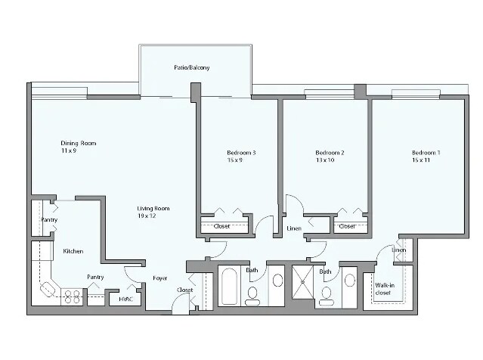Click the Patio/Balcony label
point(191,68)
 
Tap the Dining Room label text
point(79,143)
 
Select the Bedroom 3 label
point(241,153)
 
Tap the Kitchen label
point(73,251)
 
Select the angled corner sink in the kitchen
point(48,288)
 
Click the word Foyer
point(159,278)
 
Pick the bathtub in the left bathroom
point(229,287)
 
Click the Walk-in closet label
point(382,288)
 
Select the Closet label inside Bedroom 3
point(221,225)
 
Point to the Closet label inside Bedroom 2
point(347,225)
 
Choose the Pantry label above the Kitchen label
point(48,220)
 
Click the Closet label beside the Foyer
point(184,290)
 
